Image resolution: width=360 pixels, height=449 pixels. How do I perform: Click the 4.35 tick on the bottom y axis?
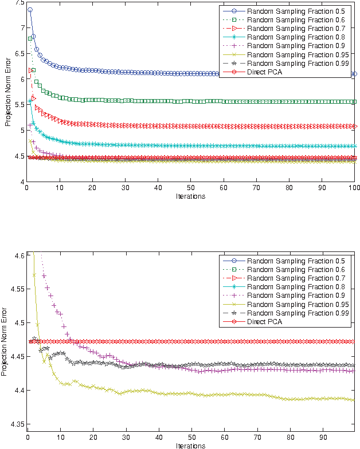pos(16,424)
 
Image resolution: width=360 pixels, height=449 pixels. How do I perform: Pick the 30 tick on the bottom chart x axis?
pos(126,437)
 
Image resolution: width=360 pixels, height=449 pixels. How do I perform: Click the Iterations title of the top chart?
pos(190,196)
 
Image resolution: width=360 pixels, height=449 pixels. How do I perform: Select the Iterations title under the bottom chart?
pos(190,445)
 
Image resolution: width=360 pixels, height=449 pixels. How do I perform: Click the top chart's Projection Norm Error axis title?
pos(7,93)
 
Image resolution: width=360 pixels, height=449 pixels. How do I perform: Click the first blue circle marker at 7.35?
pos(30,10)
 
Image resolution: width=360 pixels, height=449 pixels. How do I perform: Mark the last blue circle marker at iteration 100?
pos(354,74)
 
